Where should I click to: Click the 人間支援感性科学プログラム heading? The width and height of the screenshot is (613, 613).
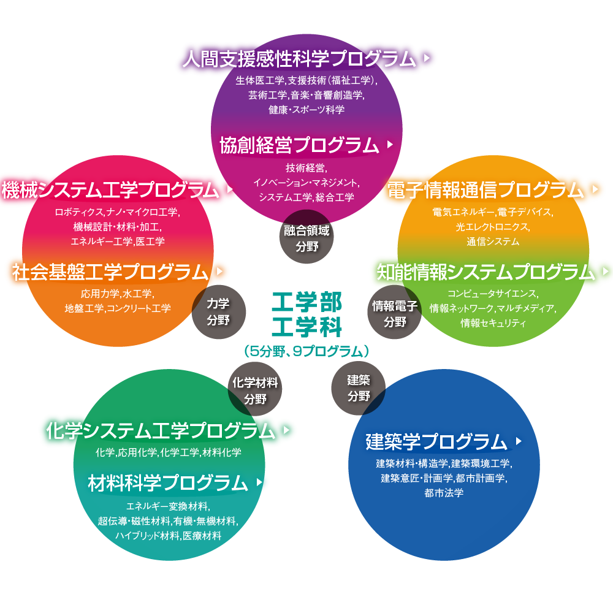pos(299,59)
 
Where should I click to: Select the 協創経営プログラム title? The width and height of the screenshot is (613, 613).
pos(300,145)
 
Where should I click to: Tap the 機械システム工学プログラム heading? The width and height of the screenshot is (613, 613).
pos(110,189)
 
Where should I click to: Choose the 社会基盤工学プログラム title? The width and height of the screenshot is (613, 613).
pos(110,272)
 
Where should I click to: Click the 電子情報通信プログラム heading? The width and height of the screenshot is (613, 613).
pos(485,189)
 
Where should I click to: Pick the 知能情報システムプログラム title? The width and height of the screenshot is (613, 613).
pos(485,272)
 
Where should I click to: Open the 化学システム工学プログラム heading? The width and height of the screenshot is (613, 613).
pos(161,430)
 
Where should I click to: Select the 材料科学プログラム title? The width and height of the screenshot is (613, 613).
pos(168,483)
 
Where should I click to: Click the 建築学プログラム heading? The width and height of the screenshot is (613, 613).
pos(436,441)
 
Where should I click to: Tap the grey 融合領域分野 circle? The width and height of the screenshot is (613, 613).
pos(307,237)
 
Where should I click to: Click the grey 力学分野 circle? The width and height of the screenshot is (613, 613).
pos(219,312)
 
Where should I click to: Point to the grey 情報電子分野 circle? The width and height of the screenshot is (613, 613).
pos(394,312)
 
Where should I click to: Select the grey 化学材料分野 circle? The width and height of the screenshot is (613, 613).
pos(255,389)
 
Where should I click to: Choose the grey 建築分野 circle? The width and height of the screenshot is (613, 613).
pos(359,388)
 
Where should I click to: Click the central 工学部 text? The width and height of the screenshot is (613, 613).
pos(307,302)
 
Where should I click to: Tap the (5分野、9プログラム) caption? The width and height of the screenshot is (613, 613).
pos(307,351)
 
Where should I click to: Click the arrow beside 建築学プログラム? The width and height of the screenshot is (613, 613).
pos(519,441)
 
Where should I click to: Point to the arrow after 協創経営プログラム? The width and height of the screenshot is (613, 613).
pos(390,144)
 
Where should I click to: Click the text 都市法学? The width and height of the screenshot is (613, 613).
pos(444,493)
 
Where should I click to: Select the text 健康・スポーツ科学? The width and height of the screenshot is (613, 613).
pos(306,110)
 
